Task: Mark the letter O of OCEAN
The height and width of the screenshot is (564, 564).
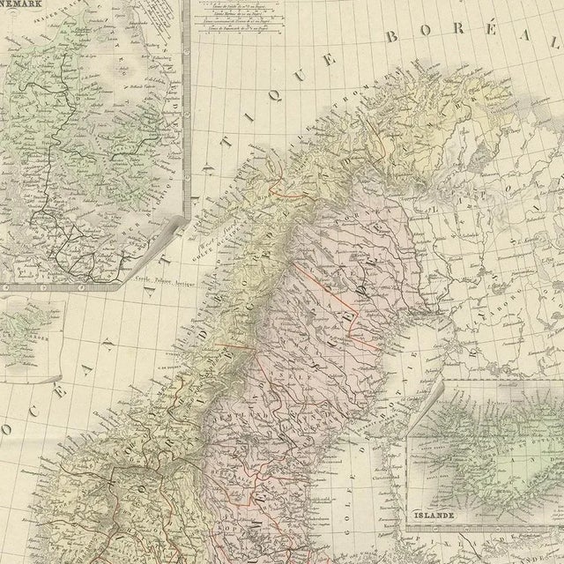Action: [x=8, y=430]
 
